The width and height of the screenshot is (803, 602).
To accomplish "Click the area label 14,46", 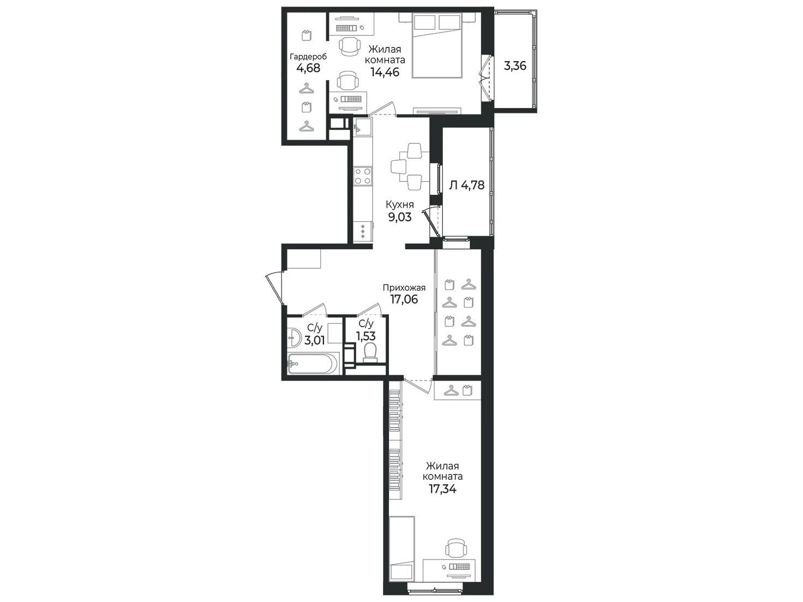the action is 385,72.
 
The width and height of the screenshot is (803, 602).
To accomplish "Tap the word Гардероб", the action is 308,57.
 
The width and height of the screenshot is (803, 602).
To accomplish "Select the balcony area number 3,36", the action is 515,66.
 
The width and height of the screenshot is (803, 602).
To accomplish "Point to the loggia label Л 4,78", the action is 467,185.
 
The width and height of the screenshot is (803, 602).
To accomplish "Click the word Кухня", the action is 399,204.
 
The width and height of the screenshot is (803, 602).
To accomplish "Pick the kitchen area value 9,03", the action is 399,217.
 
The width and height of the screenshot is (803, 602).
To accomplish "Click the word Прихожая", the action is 404,288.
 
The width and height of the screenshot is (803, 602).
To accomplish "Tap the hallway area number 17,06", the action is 404,299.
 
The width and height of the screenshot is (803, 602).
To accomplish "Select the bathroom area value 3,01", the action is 315,340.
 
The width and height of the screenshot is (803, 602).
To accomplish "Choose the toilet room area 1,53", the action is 366,336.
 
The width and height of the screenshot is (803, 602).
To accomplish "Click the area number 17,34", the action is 442,489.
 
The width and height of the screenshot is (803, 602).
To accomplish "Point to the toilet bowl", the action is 370,353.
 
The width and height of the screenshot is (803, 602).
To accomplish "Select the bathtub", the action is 314,364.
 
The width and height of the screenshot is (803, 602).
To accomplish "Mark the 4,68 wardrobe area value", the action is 308,68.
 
